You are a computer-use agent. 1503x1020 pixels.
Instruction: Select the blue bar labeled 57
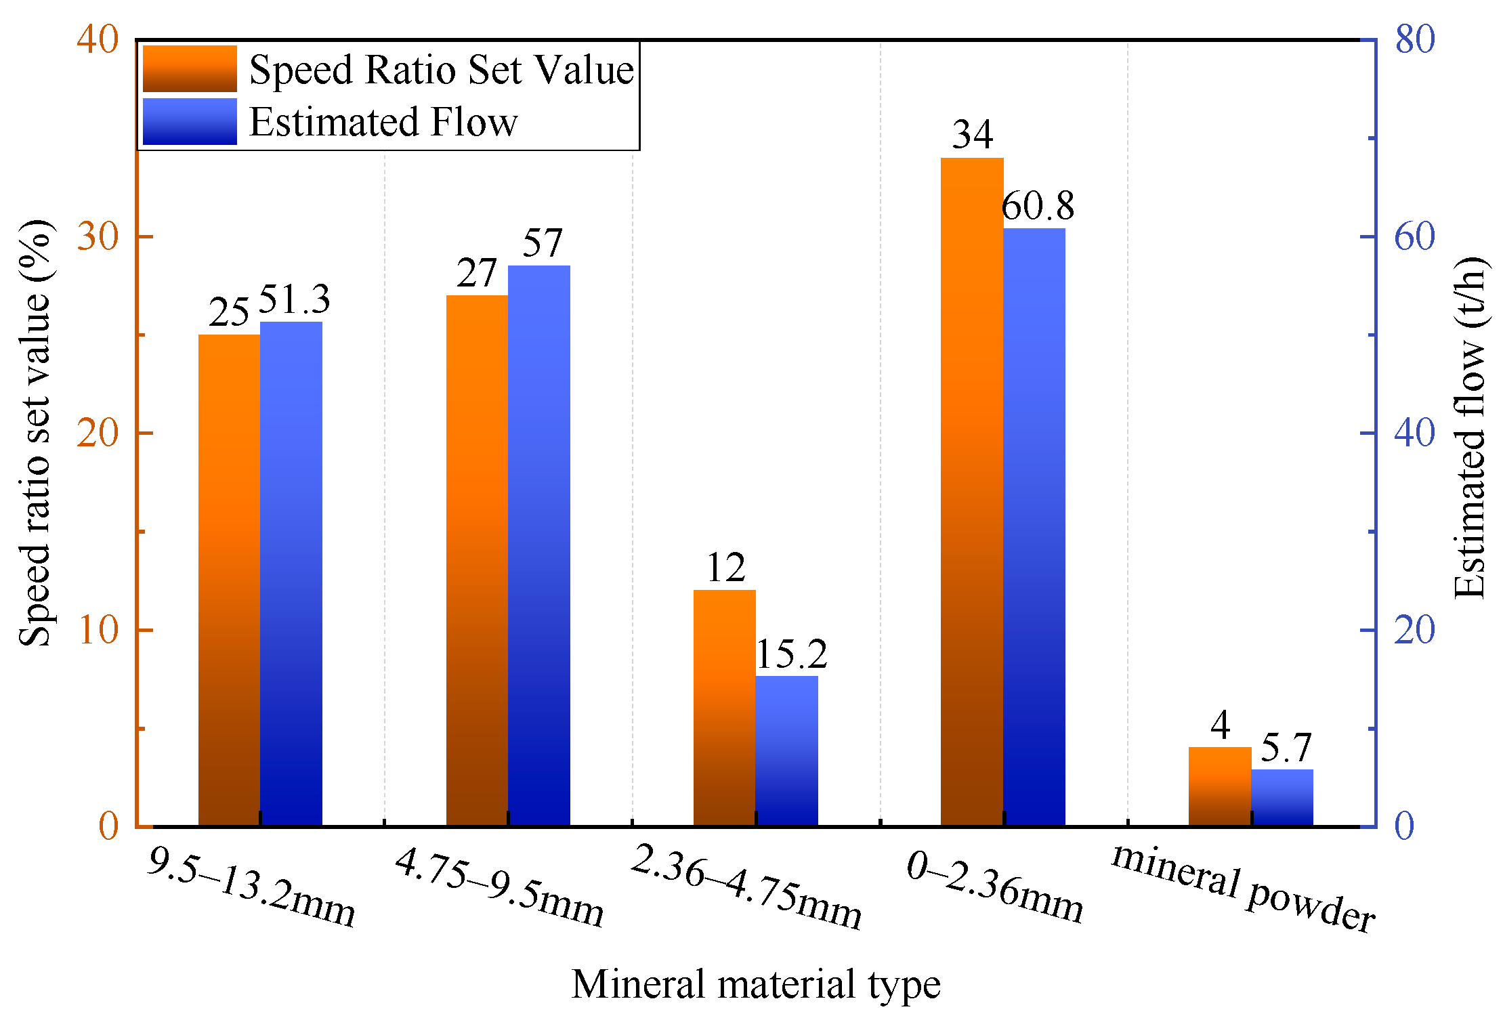pos(538,545)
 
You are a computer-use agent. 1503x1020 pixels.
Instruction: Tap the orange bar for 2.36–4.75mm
pos(724,707)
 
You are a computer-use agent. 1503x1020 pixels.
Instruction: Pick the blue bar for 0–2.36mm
pos(1034,527)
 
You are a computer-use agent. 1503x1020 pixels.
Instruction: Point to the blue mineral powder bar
pos(1282,797)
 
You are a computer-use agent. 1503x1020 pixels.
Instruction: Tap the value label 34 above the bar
pos(972,134)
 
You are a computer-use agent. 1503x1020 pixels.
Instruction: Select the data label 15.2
pos(791,654)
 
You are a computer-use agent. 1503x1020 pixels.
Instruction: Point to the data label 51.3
pos(294,299)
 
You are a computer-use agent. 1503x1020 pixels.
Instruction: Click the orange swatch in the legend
pos(190,69)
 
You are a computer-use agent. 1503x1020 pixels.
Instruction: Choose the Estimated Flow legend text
pos(383,122)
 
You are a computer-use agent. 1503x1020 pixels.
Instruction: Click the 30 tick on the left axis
pos(98,236)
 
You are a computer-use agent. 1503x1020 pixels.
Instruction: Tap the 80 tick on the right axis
pos(1414,39)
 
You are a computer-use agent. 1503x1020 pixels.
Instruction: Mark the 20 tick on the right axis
pos(1414,630)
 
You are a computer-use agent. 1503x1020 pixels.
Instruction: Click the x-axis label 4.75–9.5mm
pos(499,887)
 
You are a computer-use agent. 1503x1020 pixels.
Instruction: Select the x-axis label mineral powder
pos(1243,888)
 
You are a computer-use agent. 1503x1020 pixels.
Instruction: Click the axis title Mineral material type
pos(756,983)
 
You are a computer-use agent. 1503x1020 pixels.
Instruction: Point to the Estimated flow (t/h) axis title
pos(1470,428)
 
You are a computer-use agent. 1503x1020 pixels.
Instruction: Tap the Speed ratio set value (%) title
pos(35,433)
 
